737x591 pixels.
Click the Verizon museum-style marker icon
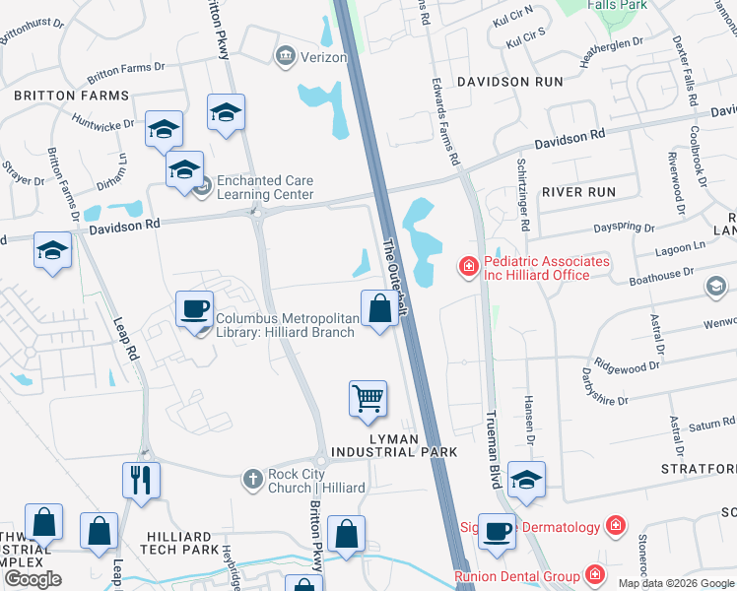(287, 57)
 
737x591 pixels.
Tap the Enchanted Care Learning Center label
(264, 187)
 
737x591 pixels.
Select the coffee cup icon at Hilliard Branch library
(194, 309)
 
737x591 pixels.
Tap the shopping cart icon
(368, 398)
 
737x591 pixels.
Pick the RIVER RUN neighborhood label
(578, 192)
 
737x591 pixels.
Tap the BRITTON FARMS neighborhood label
(71, 96)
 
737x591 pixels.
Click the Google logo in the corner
(33, 579)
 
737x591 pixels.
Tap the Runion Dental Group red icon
(595, 574)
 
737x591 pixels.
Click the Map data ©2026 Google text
(676, 583)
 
